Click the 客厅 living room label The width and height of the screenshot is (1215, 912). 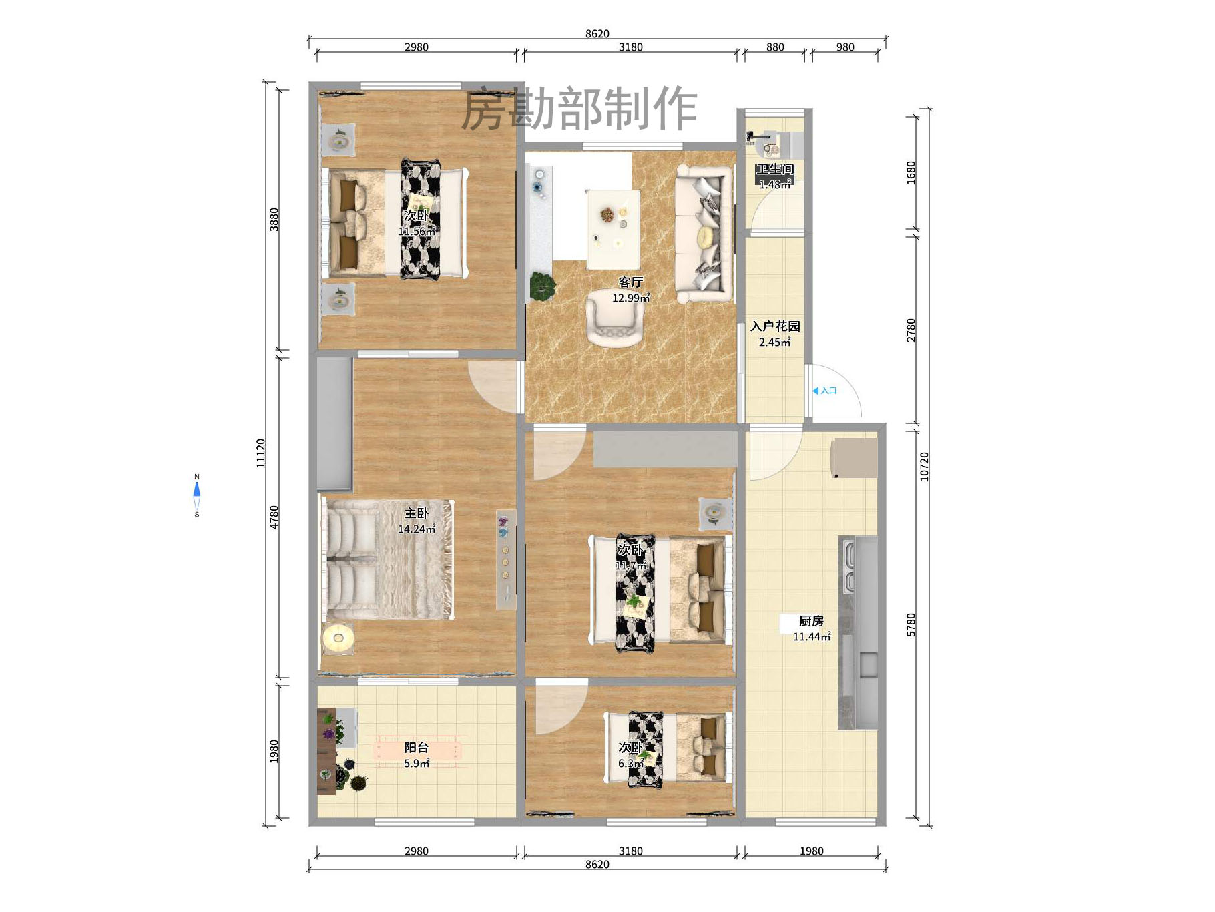click(x=630, y=282)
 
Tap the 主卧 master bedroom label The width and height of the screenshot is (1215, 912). click(x=416, y=513)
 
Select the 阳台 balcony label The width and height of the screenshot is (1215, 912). click(x=416, y=748)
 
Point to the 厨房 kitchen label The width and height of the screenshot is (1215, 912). click(x=811, y=621)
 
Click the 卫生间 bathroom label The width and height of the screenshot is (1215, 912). click(x=774, y=170)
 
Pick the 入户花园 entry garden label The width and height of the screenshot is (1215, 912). click(x=774, y=326)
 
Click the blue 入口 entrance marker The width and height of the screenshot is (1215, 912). click(x=825, y=391)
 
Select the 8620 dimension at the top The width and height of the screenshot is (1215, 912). click(x=597, y=34)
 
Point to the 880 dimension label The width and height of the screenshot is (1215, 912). click(x=775, y=47)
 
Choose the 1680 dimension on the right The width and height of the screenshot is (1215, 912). click(x=911, y=172)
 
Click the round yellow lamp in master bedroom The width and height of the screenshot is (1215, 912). click(x=338, y=638)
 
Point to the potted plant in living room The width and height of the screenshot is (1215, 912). click(x=543, y=286)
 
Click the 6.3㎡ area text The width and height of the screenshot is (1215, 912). click(x=630, y=764)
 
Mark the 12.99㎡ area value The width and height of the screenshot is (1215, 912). click(x=630, y=298)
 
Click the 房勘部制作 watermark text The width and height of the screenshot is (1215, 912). click(x=579, y=109)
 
